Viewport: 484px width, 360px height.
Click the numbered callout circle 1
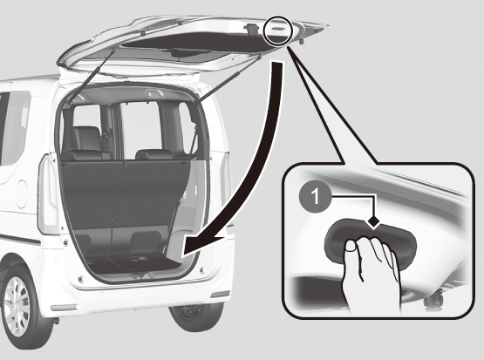315,196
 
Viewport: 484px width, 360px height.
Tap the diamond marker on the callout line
374,221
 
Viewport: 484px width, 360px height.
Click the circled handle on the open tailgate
278,30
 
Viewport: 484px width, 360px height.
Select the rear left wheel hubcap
17,306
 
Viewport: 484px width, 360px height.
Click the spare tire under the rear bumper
196,316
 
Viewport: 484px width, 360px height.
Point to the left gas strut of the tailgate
90,77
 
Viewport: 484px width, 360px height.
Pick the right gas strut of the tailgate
228,80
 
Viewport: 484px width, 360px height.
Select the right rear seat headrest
154,154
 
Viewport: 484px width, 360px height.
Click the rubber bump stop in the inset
434,302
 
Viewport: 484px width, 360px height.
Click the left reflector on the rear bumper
64,308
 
